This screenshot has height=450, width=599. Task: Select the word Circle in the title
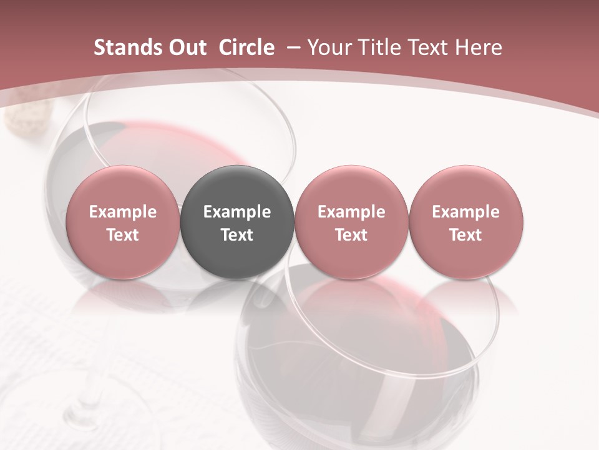pos(246,47)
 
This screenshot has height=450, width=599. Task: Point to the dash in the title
pos(291,47)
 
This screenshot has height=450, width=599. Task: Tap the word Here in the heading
pos(479,47)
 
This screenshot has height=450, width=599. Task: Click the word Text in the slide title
pos(428,47)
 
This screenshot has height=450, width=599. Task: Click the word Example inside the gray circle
pos(237,212)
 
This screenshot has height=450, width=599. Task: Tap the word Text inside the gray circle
pos(237,235)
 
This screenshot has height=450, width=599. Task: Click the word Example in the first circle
pos(122,212)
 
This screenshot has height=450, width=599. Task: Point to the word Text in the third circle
pos(351,235)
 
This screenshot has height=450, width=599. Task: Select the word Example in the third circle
pos(351,212)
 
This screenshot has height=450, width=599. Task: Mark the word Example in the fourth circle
pos(465,212)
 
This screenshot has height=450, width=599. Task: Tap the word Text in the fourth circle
pos(465,235)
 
